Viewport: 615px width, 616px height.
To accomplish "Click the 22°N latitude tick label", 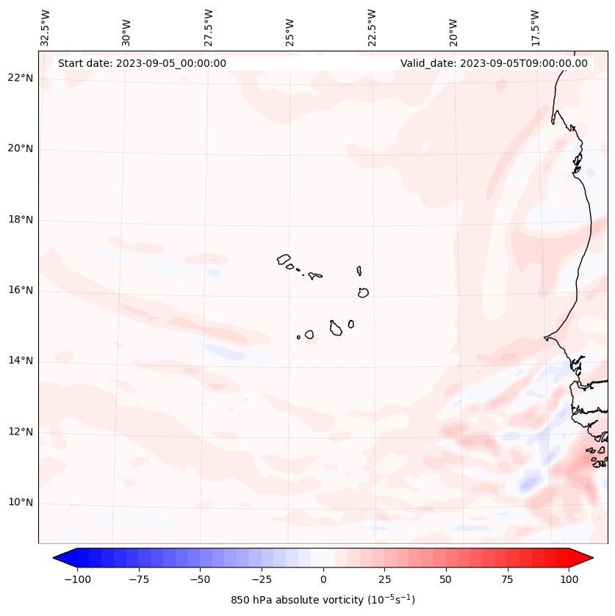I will [21, 78].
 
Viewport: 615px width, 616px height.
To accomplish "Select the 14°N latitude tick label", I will [21, 360].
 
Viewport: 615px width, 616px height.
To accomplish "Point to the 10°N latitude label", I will [21, 502].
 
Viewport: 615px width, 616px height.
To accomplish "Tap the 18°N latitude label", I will [21, 220].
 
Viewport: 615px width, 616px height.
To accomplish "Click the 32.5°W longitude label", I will [46, 27].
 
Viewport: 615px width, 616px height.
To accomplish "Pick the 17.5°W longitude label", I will [535, 27].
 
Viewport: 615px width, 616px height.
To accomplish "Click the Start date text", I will [142, 63].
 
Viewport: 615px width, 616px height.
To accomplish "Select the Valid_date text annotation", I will [494, 63].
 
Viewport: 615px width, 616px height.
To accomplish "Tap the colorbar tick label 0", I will [323, 579].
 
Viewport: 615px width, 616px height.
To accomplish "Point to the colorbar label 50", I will [446, 579].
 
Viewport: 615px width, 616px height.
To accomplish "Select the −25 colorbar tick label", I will [262, 579].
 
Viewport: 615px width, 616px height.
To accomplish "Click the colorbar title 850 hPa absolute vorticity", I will [323, 600].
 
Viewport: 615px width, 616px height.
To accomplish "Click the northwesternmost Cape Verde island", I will [284, 258].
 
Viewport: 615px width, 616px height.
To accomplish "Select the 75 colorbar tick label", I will [507, 579].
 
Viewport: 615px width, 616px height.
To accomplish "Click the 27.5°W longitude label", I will [209, 27].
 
